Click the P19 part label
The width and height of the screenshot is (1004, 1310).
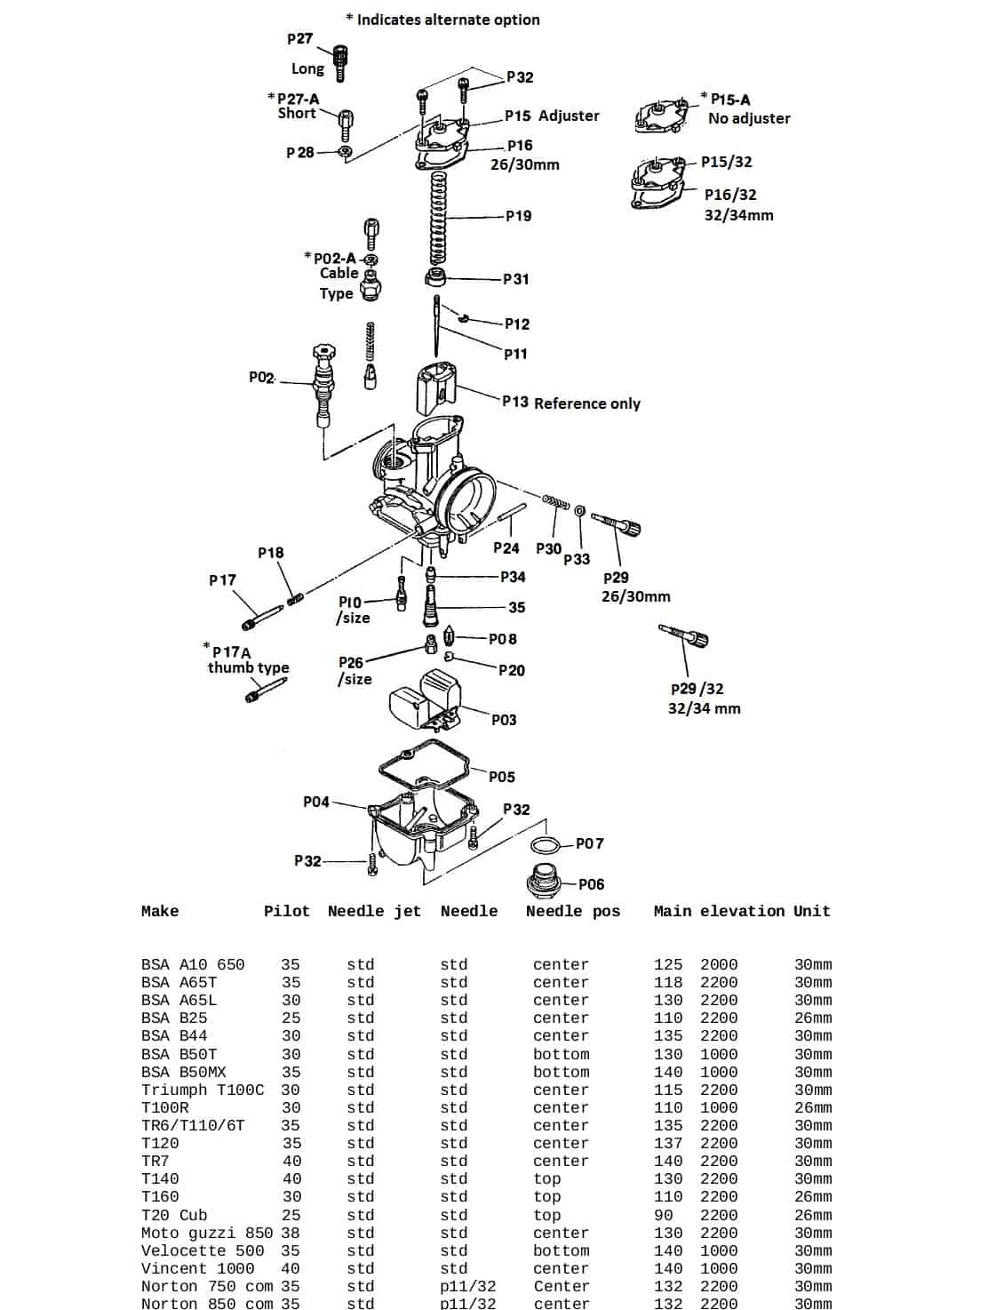coord(518,216)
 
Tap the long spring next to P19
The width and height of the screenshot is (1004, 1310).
coord(438,216)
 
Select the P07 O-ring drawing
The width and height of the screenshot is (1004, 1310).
coord(544,844)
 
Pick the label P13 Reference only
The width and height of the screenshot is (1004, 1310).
coord(570,403)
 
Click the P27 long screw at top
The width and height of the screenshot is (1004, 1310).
coord(339,61)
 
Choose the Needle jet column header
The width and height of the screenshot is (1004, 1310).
coord(374,911)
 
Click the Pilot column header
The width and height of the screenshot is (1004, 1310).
coord(287,911)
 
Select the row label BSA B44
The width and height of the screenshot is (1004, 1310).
coord(174,1035)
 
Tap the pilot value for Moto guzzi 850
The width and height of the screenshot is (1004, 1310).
coord(291,1233)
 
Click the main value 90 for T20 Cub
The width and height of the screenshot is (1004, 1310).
coord(663,1215)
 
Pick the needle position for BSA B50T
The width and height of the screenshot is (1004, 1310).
coord(561,1054)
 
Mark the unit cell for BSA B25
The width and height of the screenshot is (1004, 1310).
coord(812,1018)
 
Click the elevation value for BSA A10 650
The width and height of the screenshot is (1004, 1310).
coord(718,964)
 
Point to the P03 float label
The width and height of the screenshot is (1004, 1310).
coord(504,720)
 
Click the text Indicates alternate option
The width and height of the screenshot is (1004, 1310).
coord(448,20)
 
